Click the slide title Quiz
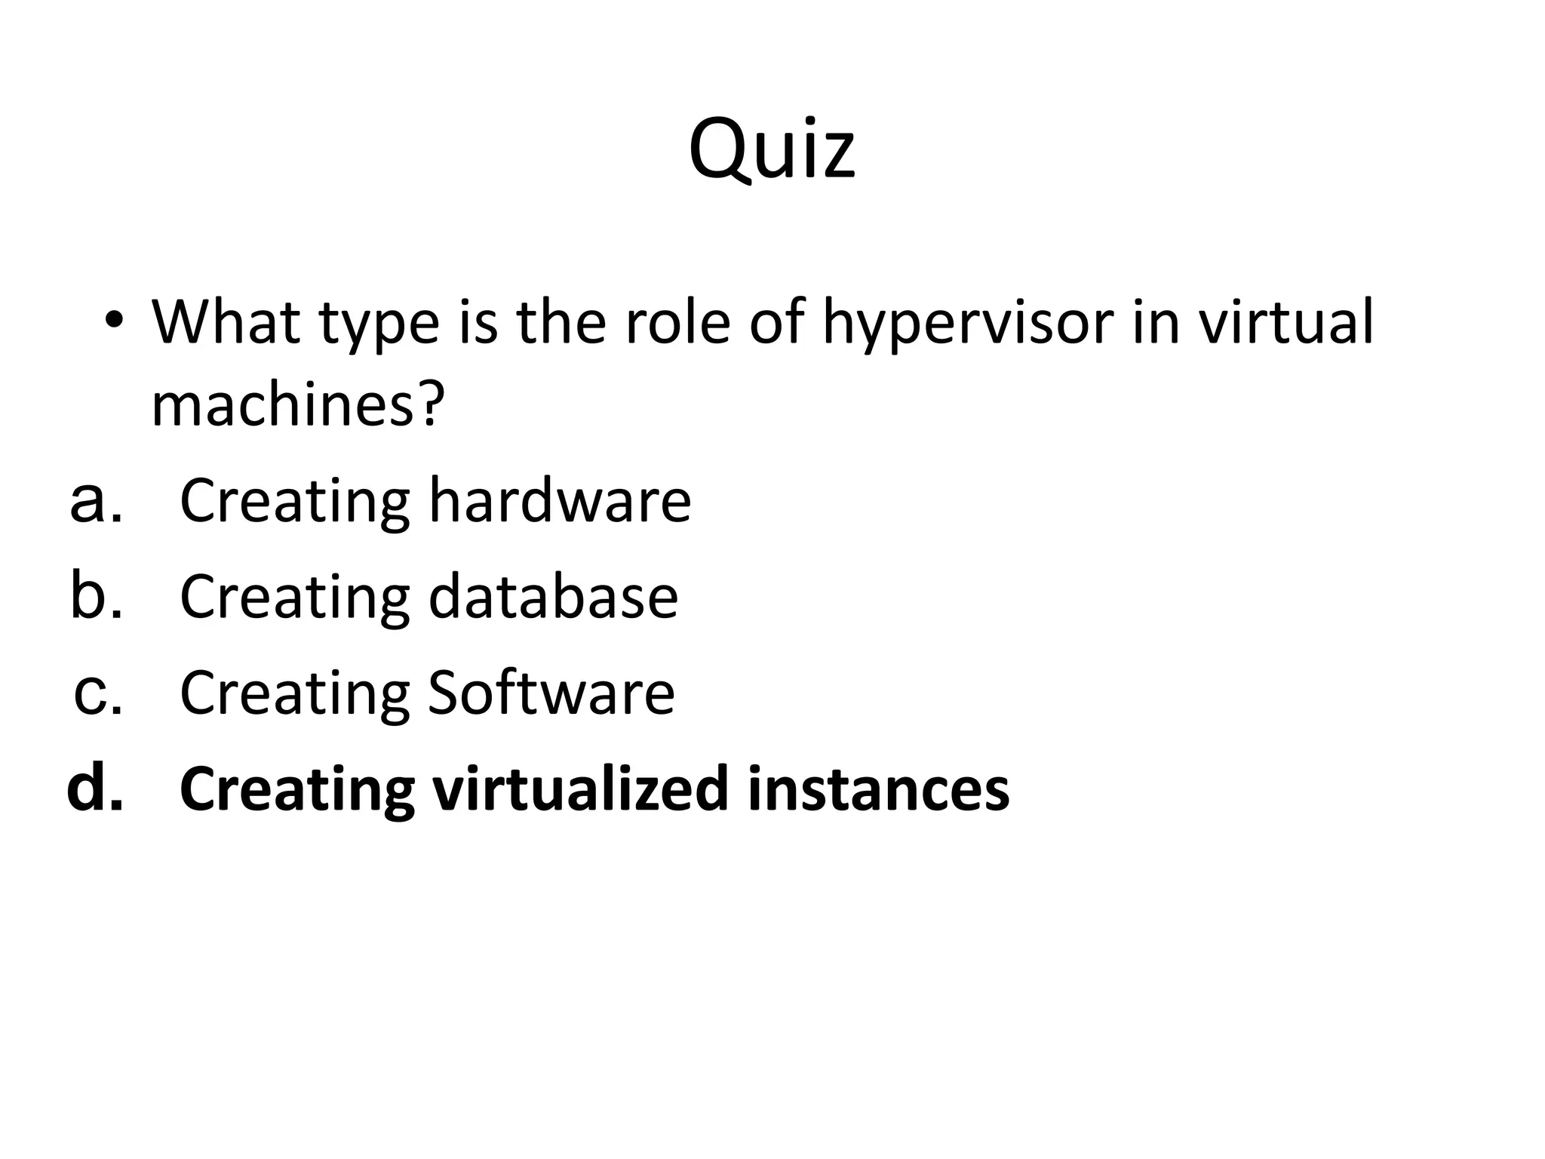[x=772, y=149]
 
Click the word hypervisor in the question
[x=967, y=323]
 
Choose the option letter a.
[x=95, y=500]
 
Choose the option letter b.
[x=95, y=595]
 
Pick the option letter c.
[x=97, y=693]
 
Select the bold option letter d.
[x=94, y=789]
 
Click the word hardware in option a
[x=560, y=500]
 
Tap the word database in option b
[x=553, y=596]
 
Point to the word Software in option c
[x=551, y=693]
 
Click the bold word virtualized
[x=579, y=789]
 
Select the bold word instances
[x=878, y=789]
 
